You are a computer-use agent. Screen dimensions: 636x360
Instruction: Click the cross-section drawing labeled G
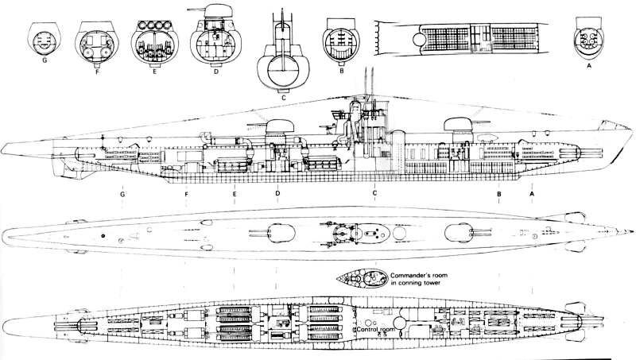click(x=45, y=39)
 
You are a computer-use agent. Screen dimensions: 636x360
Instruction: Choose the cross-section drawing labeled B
click(x=341, y=42)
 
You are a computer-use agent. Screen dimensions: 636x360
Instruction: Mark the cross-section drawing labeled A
click(x=588, y=39)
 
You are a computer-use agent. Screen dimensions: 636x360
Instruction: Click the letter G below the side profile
click(x=122, y=194)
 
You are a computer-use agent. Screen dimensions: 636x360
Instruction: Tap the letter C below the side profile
click(x=374, y=193)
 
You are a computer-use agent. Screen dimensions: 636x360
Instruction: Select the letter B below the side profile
click(x=499, y=194)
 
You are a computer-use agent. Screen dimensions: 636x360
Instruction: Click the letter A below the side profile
click(x=532, y=194)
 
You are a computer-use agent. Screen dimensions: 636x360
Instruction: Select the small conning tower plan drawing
click(x=363, y=278)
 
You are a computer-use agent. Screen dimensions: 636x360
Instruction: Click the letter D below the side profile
click(x=277, y=193)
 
